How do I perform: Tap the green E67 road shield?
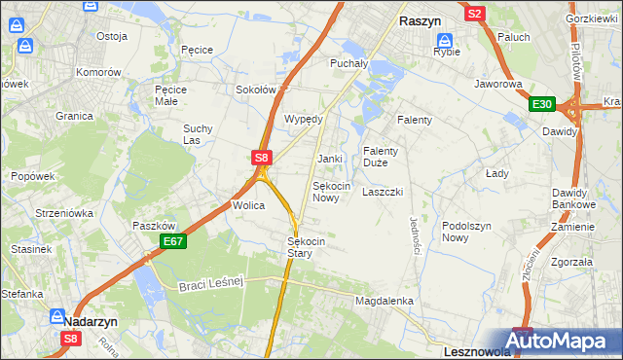(172, 241)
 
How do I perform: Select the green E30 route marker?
(541, 105)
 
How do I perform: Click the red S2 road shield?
(474, 14)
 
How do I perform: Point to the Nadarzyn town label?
(92, 318)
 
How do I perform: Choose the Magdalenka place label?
(385, 302)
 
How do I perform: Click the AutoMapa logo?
(564, 340)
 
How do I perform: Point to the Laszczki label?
(382, 193)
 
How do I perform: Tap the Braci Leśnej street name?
(208, 284)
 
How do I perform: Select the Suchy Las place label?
(198, 134)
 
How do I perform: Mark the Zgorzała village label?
(571, 262)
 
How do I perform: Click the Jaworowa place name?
(498, 84)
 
